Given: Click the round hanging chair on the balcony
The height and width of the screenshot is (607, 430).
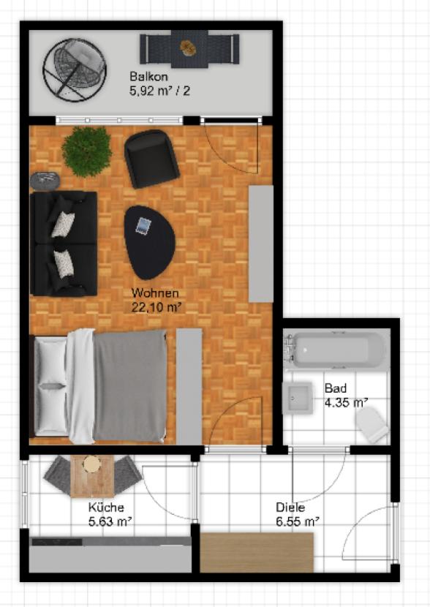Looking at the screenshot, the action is (x=75, y=70).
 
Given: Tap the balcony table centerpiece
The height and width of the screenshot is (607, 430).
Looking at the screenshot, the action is (x=189, y=48).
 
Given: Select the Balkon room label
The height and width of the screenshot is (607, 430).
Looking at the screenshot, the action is (x=148, y=76).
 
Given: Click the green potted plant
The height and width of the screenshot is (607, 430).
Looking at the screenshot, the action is (x=87, y=151).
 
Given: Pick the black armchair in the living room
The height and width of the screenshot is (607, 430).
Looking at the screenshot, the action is (x=151, y=159).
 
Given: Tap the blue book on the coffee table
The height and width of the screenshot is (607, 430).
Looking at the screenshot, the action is (x=143, y=225).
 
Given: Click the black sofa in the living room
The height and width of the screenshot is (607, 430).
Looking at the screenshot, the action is (x=64, y=244).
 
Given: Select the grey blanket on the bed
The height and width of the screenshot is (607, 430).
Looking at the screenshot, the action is (x=130, y=386).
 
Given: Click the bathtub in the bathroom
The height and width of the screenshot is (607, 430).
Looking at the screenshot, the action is (x=336, y=350).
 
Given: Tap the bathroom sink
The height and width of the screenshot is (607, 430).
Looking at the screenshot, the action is (x=297, y=398).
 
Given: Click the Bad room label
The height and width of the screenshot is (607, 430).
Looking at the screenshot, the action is (x=336, y=388).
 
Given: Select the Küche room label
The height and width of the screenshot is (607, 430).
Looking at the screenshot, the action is (x=106, y=507).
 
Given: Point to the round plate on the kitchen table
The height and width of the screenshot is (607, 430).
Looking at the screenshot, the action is (x=91, y=464).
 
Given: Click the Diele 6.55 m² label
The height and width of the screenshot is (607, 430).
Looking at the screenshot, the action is (x=297, y=514).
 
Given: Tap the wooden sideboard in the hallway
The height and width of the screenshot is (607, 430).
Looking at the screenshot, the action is (x=257, y=552).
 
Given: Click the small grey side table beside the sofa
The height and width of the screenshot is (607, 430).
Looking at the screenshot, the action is (x=45, y=181).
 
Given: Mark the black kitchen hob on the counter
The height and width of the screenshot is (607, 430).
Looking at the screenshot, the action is (x=57, y=542).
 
